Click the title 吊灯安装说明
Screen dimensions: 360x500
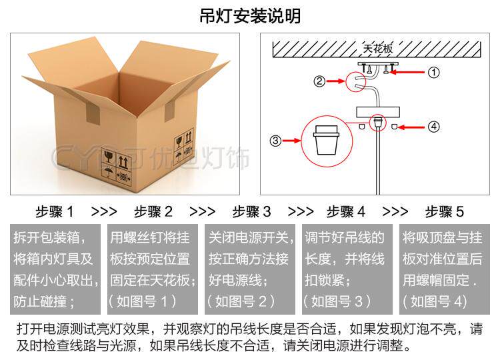(250, 16)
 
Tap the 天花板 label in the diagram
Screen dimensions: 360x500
(377, 49)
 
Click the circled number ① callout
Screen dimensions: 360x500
(434, 72)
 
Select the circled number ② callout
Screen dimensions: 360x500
(319, 81)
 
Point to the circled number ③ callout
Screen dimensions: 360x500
(275, 141)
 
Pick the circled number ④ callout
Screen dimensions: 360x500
(434, 125)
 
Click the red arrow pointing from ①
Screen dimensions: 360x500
(409, 72)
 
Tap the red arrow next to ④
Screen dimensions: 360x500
(411, 125)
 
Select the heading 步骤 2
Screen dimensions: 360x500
(153, 212)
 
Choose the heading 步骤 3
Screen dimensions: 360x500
(252, 212)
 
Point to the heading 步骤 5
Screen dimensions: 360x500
(445, 212)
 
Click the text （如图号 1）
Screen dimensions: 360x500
(142, 301)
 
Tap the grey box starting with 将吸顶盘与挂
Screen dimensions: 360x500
(445, 269)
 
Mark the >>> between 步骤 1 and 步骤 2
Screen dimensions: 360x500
(104, 212)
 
